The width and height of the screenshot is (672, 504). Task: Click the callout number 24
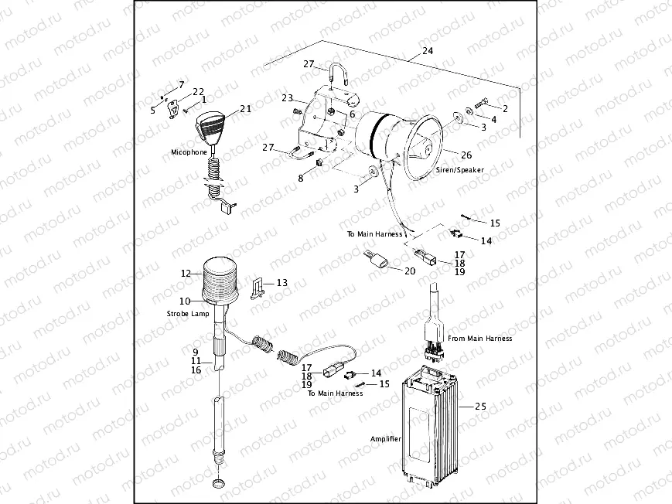(428, 52)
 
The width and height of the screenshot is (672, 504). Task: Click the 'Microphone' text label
(189, 152)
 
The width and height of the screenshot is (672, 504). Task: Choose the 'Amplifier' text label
(386, 438)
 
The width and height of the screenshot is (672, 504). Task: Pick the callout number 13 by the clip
(281, 283)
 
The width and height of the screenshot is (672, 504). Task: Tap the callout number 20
(409, 271)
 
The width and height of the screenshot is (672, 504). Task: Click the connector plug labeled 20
(378, 262)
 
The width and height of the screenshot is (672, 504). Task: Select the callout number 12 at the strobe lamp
(185, 273)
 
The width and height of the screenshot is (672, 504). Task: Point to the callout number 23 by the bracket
(287, 98)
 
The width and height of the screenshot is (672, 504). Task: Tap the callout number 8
(301, 178)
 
